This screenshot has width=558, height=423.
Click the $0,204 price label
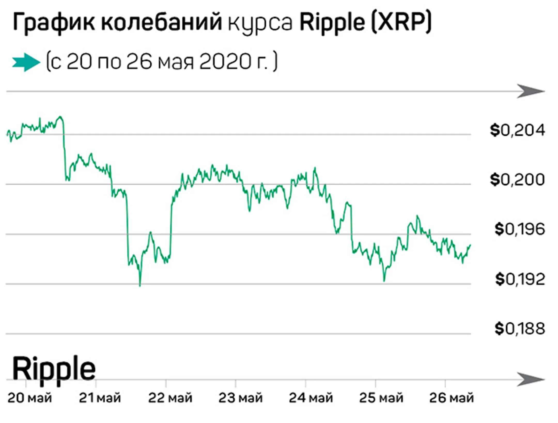517,131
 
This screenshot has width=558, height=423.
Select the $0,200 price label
517,180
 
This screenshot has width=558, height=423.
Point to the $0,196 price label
520,229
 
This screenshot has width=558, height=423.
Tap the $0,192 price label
520,279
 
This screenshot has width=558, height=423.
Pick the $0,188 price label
520,329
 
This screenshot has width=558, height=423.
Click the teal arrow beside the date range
26,62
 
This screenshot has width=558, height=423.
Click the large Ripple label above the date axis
54,369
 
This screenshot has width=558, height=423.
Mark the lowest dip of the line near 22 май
140,285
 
